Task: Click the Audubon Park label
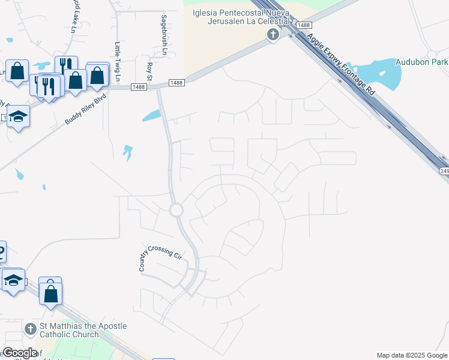tap(421, 62)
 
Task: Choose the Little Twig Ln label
tap(118, 62)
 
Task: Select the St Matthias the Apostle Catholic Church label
tap(83, 330)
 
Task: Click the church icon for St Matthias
tap(31, 329)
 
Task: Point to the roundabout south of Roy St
tap(176, 210)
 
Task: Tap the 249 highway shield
tap(444, 172)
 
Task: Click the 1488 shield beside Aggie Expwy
tap(304, 25)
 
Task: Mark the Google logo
tap(20, 353)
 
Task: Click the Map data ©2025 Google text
tap(411, 355)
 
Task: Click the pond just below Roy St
tap(151, 115)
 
